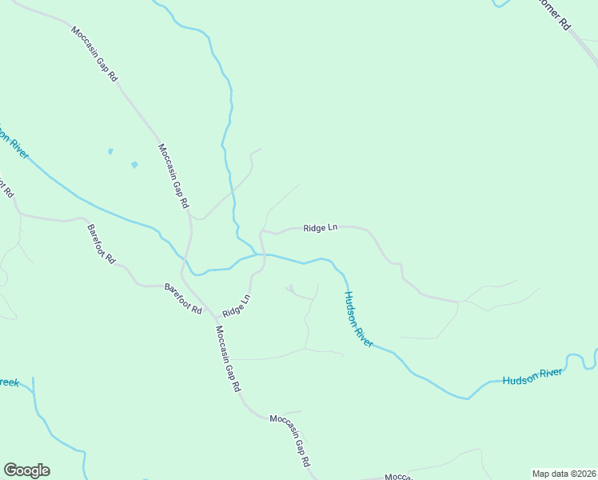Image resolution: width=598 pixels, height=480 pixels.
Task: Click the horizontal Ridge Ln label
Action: click(320, 228)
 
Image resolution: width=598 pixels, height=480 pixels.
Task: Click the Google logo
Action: click(26, 470)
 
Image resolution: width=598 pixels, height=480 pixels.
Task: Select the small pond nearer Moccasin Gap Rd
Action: click(134, 165)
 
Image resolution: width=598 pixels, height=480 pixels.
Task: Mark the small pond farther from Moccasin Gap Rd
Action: click(110, 150)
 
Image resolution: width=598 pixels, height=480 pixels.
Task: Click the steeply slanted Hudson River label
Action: click(358, 318)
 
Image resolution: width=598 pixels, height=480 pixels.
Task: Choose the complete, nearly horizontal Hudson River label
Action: click(533, 376)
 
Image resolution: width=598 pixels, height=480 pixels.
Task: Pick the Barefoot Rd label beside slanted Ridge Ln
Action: click(183, 298)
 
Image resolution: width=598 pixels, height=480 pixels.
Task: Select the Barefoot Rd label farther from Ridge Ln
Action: click(102, 244)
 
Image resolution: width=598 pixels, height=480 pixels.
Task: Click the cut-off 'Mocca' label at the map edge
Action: click(397, 477)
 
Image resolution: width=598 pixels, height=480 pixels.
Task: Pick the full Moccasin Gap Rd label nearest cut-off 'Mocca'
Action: click(290, 442)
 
